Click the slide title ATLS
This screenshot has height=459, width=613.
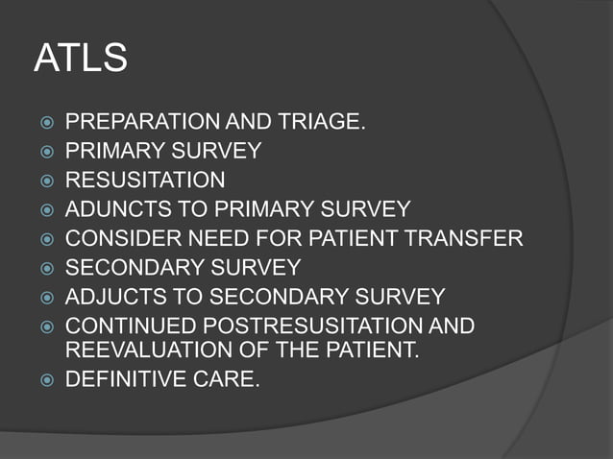point(81,60)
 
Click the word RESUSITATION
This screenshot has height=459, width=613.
point(145,180)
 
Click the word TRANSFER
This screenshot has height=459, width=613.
point(470,238)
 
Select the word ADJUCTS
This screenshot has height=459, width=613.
point(110,296)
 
